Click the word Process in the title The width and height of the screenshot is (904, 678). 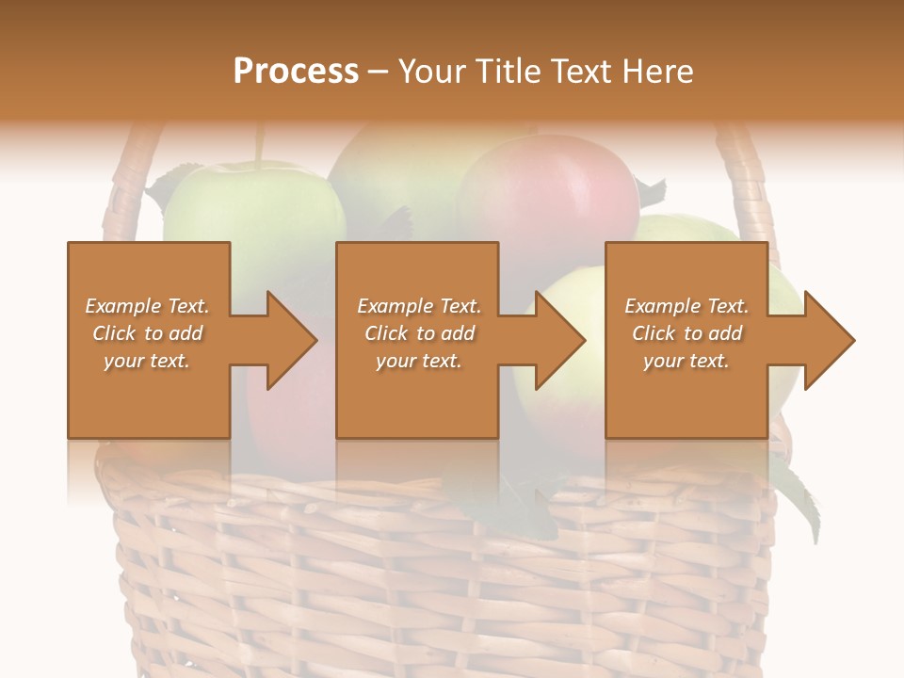click(296, 72)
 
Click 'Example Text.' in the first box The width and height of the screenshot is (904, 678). click(147, 306)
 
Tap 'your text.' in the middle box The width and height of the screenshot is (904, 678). click(418, 361)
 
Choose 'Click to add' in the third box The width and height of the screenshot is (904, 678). click(686, 333)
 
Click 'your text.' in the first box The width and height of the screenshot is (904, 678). click(147, 361)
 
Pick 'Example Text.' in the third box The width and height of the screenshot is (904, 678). click(686, 306)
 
